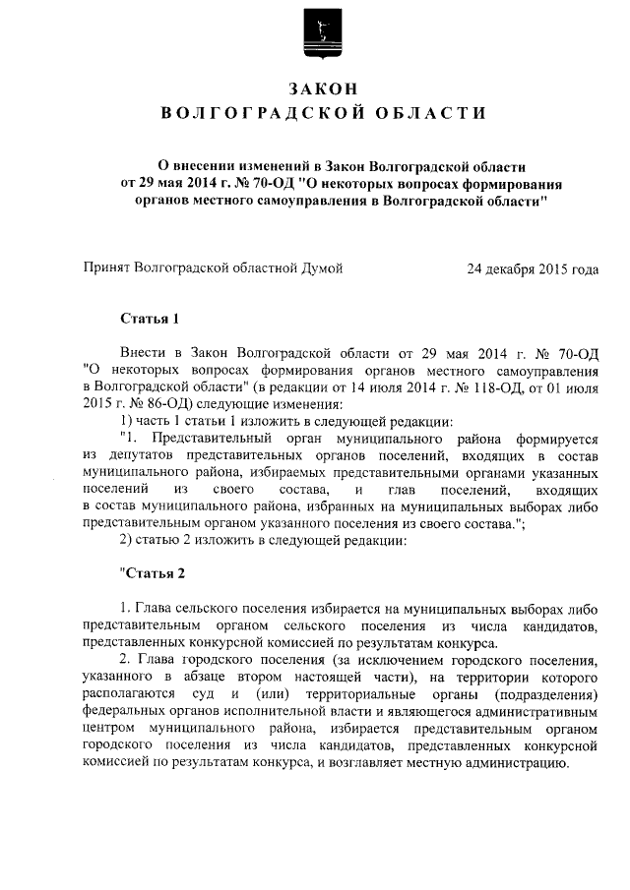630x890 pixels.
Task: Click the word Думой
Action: point(321,267)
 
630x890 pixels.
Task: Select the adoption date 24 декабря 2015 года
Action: point(534,267)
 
